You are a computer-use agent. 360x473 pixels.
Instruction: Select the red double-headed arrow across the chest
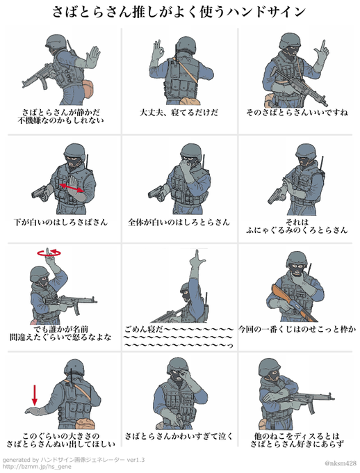click(72, 187)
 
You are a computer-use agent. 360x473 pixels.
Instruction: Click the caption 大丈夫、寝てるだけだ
click(179, 113)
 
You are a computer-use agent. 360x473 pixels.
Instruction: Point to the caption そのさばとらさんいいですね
click(297, 113)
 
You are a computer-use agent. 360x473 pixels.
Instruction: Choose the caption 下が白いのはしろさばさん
click(60, 223)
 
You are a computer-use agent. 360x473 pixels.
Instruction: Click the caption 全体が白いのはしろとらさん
click(179, 223)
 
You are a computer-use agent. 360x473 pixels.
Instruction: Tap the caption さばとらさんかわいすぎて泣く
click(179, 436)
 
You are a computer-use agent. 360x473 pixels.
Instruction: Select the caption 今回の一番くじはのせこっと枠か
click(297, 329)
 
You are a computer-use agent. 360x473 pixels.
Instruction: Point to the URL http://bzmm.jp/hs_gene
click(37, 467)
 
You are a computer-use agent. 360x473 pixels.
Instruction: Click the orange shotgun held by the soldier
click(294, 303)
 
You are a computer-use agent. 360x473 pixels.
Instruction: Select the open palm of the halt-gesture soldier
click(92, 58)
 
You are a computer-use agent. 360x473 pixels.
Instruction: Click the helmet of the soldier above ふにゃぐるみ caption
click(305, 151)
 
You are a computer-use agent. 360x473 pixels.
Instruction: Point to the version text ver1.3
click(136, 460)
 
